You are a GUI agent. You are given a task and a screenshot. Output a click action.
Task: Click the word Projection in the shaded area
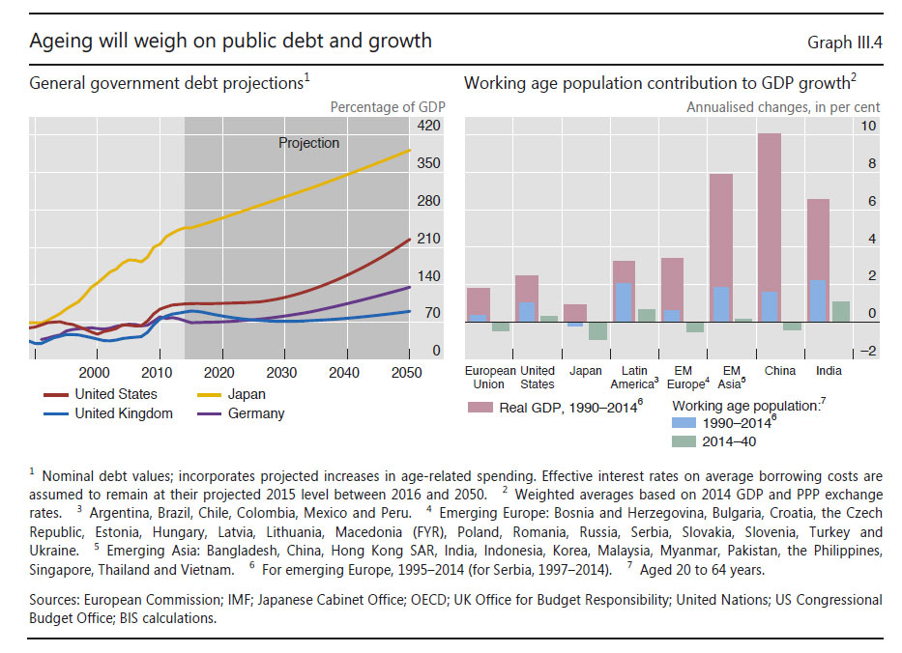tap(308, 143)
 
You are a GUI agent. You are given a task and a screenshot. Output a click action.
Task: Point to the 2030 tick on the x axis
tap(282, 373)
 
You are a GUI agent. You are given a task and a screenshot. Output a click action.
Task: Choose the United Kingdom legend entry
tap(123, 413)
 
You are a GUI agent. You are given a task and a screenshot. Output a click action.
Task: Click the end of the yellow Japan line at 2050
tap(410, 150)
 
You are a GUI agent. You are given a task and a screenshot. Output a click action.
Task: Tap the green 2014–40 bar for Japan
tap(597, 330)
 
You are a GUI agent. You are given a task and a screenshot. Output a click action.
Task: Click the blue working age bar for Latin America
tap(625, 302)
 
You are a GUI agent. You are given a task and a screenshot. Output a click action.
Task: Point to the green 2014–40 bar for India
tap(841, 311)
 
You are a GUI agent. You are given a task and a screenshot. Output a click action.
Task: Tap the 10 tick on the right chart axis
tap(869, 126)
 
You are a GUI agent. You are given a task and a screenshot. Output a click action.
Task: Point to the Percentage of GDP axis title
tap(386, 106)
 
